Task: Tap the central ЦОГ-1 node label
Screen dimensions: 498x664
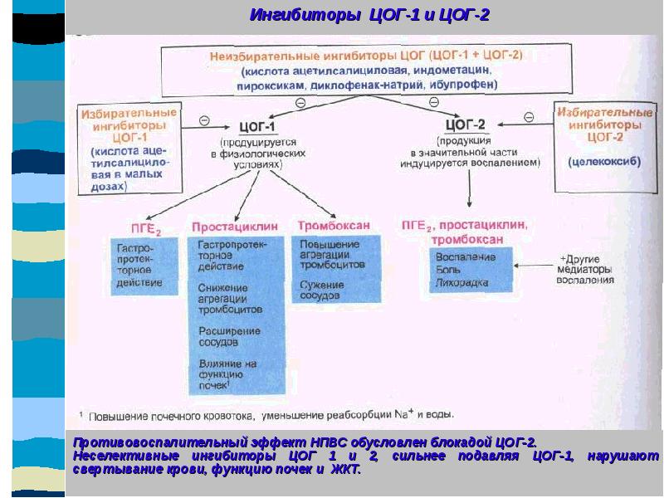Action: click(x=257, y=126)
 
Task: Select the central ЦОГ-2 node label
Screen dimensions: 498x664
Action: click(x=466, y=124)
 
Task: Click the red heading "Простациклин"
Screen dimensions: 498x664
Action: click(x=229, y=226)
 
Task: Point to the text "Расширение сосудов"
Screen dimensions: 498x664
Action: click(x=229, y=336)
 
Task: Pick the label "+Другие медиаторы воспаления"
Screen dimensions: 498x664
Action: click(x=587, y=268)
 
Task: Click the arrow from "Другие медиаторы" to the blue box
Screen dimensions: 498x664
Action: click(x=535, y=266)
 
